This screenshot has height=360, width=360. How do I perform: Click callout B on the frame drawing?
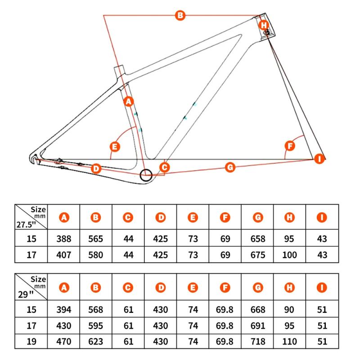[180, 16]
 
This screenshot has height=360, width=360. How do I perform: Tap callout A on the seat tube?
[129, 102]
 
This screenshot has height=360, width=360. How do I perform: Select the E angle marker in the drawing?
[115, 147]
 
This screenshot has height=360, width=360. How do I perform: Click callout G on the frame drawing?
[230, 167]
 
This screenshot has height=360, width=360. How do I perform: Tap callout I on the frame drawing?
[319, 158]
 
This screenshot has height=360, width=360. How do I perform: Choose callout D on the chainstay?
[95, 169]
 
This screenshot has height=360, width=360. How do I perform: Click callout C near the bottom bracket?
[164, 167]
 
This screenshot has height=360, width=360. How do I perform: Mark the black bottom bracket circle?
[146, 175]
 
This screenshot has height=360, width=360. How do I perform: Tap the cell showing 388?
[64, 238]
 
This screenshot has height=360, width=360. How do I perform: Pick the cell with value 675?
[257, 255]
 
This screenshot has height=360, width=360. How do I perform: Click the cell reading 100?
[290, 255]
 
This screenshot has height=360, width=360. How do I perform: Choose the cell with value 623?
[96, 342]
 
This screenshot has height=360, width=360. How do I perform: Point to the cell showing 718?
[257, 342]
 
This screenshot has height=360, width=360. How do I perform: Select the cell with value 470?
[64, 342]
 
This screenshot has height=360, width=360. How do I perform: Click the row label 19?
[31, 342]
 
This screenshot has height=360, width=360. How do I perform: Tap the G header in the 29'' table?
[257, 287]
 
